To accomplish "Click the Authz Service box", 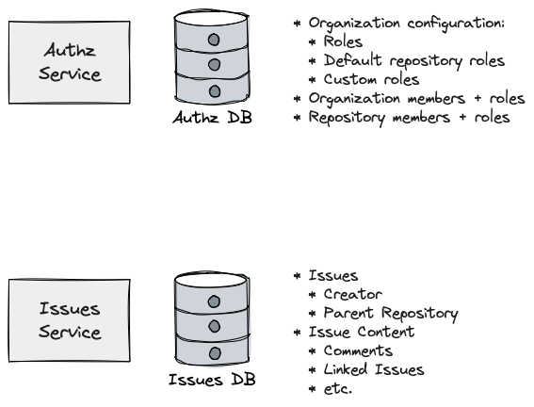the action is coord(69,62).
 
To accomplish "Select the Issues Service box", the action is coord(69,320).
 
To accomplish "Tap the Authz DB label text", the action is coord(212,118).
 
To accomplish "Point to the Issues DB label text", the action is coord(212,380).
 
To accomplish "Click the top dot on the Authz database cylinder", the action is coord(214,40).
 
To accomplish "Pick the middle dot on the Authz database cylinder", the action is coord(214,64).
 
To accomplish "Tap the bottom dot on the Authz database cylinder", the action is coord(215,91).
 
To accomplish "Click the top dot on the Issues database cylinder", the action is coord(214,301).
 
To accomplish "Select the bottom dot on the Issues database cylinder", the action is coord(215,353).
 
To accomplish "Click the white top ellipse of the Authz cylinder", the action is coord(212,18).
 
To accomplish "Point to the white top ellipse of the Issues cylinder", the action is coord(212,280).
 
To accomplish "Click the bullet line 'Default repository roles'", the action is coord(407,61).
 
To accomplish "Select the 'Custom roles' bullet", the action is coord(364,79).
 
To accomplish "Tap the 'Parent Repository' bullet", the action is coord(383,314).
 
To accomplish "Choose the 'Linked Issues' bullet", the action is coord(366,369).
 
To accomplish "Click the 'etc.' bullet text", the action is coord(331,388).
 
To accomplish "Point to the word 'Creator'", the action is coord(353,294).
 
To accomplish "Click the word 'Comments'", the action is coord(358,350).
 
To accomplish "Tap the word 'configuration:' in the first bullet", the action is coord(456,24).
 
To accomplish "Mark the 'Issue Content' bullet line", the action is coord(354,332).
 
